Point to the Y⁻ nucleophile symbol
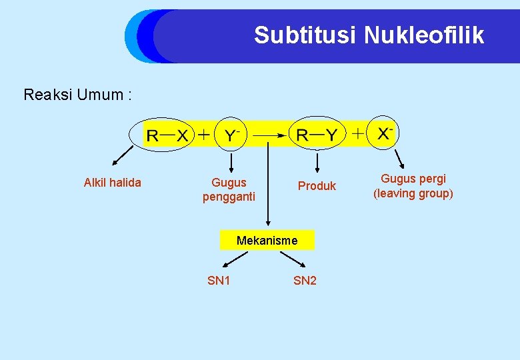coord(232,135)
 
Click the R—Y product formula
coord(317,135)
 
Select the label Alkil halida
coord(112,183)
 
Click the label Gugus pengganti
coord(229,189)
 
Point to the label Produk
coord(317,186)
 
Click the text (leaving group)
coord(413,194)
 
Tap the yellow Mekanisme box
coord(267,240)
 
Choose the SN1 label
coord(219,281)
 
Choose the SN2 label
coord(305,281)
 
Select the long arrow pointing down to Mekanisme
coord(268,187)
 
